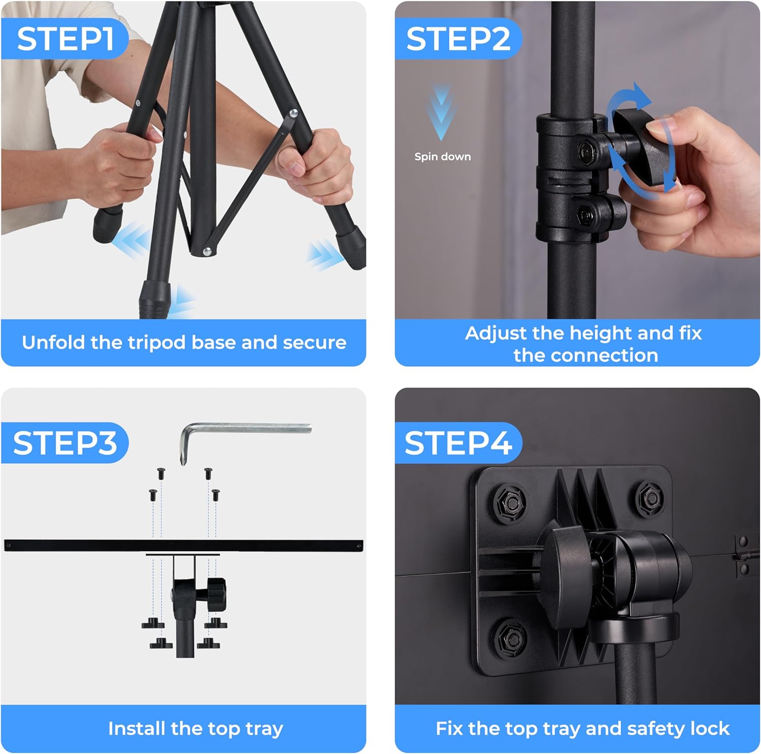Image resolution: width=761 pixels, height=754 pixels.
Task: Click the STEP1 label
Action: [x=64, y=39]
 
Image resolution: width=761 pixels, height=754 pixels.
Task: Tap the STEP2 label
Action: [x=458, y=39]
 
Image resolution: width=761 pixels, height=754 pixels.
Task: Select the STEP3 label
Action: [x=64, y=442]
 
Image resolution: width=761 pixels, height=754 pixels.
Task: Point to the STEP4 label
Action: [x=458, y=442]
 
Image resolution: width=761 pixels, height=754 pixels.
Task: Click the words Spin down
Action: [x=442, y=157]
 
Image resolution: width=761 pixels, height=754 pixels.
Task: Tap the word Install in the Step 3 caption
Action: [x=137, y=729]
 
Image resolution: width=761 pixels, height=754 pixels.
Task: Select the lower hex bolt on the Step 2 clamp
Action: [x=585, y=214]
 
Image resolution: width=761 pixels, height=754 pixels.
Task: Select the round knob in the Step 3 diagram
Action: [x=217, y=590]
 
